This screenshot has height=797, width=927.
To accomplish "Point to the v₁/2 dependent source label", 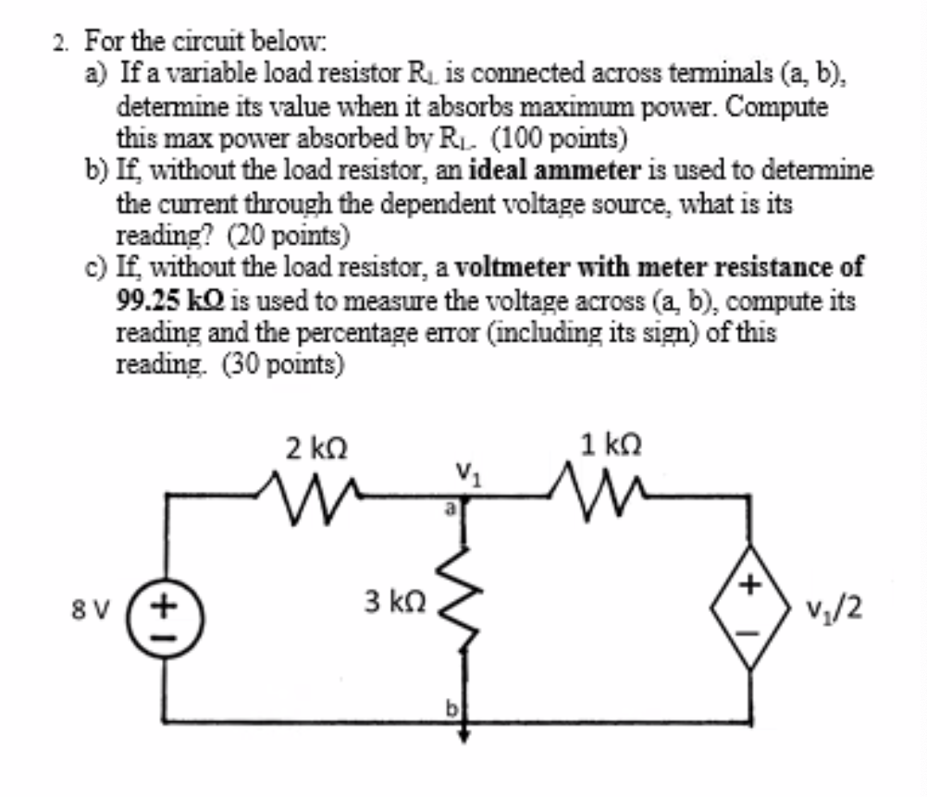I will coord(834,609).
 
